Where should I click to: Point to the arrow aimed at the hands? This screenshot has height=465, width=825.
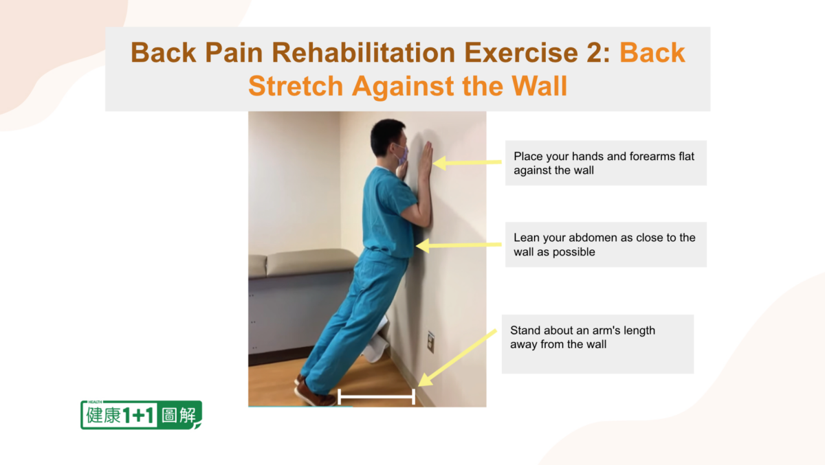point(467,162)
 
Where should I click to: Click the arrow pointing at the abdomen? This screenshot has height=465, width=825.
point(459,245)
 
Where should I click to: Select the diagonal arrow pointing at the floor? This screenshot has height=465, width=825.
point(457,358)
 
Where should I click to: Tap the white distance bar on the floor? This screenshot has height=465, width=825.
point(377,396)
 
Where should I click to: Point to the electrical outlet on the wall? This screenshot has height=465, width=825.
point(430,342)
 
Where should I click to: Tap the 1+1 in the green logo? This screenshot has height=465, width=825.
point(138,416)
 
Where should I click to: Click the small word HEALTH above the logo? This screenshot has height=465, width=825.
point(95,402)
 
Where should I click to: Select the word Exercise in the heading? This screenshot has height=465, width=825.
point(521,52)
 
